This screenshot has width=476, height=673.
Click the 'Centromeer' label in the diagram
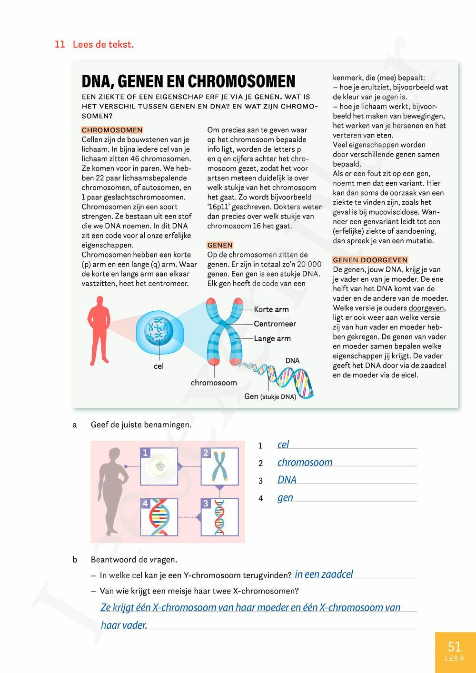pyautogui.click(x=275, y=324)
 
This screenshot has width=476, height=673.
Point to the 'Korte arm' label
pyautogui.click(x=271, y=309)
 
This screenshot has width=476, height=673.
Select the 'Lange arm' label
pyautogui.click(x=272, y=338)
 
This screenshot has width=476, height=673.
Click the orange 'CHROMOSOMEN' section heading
pyautogui.click(x=112, y=130)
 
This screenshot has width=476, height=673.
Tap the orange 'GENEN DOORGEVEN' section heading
pyautogui.click(x=370, y=260)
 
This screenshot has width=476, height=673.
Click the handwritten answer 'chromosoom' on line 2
pyautogui.click(x=305, y=462)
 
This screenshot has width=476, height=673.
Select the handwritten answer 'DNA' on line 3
pyautogui.click(x=287, y=480)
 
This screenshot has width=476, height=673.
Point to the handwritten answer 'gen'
pyautogui.click(x=285, y=497)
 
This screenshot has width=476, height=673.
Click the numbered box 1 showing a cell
pyautogui.click(x=159, y=466)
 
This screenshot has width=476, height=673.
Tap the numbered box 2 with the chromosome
pyautogui.click(x=219, y=466)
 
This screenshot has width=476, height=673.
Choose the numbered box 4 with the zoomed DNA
pyautogui.click(x=159, y=517)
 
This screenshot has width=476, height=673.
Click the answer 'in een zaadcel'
pyautogui.click(x=324, y=574)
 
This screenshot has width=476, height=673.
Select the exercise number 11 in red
pyautogui.click(x=59, y=45)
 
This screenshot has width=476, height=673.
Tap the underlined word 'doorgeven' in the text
pyautogui.click(x=426, y=308)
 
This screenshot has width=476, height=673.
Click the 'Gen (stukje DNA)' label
pyautogui.click(x=270, y=396)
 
